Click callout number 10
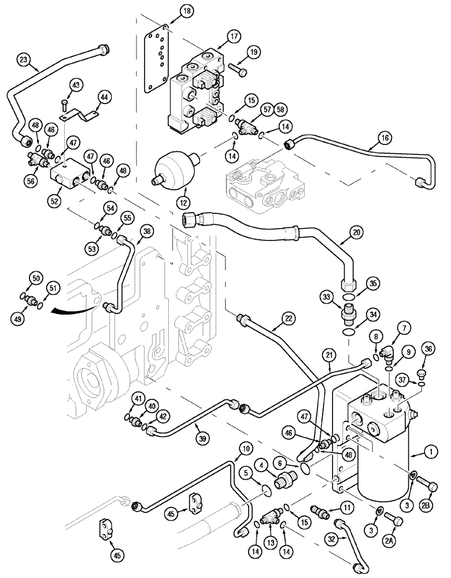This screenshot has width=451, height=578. point(245,448)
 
